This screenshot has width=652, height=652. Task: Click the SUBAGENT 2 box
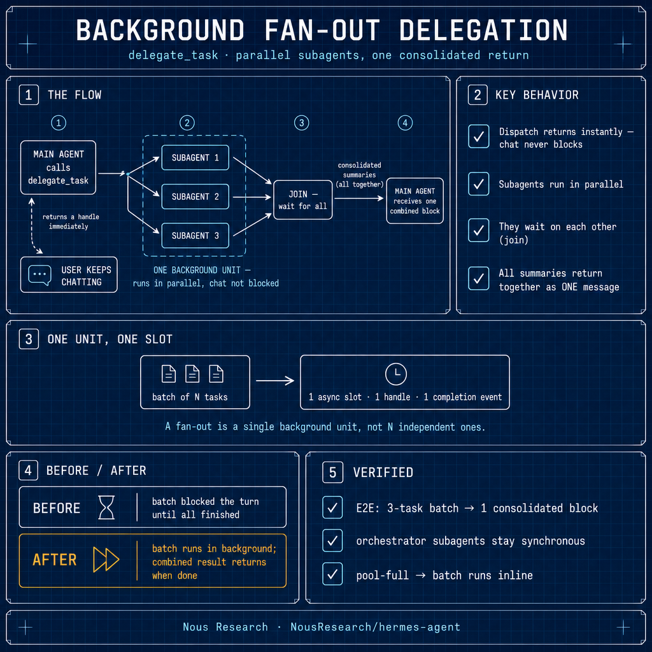[195, 196]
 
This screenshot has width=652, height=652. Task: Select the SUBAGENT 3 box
[195, 236]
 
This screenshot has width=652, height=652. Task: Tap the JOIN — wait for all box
[302, 200]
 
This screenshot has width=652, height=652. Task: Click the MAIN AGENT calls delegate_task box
[58, 167]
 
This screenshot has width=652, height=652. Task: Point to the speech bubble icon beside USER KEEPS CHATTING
[39, 275]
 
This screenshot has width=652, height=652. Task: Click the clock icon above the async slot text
[396, 374]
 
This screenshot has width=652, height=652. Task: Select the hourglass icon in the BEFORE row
[106, 507]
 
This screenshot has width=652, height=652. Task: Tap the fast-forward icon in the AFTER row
[106, 559]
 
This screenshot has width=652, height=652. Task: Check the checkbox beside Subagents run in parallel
[479, 183]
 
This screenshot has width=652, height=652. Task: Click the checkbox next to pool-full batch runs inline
[332, 574]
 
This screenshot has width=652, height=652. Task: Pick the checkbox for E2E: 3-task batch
[332, 507]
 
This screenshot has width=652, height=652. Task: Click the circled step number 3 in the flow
[301, 123]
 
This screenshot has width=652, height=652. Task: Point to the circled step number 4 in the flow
[405, 123]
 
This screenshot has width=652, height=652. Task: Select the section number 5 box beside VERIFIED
[332, 472]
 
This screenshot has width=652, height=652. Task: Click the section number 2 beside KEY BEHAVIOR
[478, 95]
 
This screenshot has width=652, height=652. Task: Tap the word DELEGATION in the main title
[483, 30]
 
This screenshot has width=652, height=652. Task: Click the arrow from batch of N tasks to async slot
[275, 381]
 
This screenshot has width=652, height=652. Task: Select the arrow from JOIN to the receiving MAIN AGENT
[359, 199]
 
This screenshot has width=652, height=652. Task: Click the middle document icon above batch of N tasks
[192, 374]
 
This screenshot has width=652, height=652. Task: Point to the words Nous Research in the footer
[225, 627]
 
